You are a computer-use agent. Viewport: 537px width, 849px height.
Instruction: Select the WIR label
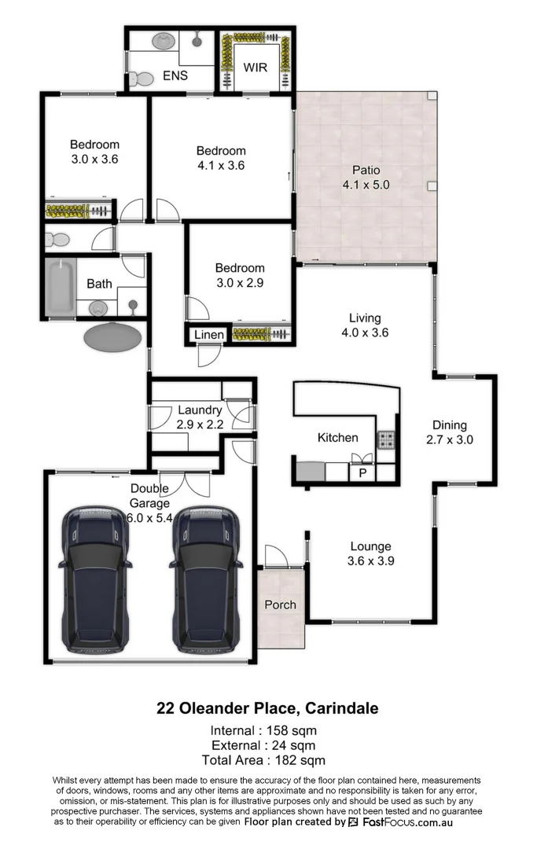(256, 67)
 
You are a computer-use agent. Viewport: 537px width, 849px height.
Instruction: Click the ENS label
(175, 76)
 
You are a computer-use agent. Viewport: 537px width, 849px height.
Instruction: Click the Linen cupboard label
(209, 336)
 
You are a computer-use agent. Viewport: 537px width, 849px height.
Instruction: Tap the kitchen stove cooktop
(386, 440)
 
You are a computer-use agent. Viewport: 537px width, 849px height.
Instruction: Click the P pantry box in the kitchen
(362, 472)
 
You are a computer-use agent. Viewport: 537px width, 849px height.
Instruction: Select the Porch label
(280, 605)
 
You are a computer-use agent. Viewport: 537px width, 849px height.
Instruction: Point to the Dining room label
(449, 425)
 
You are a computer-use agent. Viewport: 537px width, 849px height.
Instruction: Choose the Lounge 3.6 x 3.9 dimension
(370, 561)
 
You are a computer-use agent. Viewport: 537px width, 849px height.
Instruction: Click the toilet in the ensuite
(141, 78)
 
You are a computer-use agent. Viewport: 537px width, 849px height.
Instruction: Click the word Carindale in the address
(341, 708)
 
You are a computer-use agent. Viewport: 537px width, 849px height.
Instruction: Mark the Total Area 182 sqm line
(263, 760)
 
